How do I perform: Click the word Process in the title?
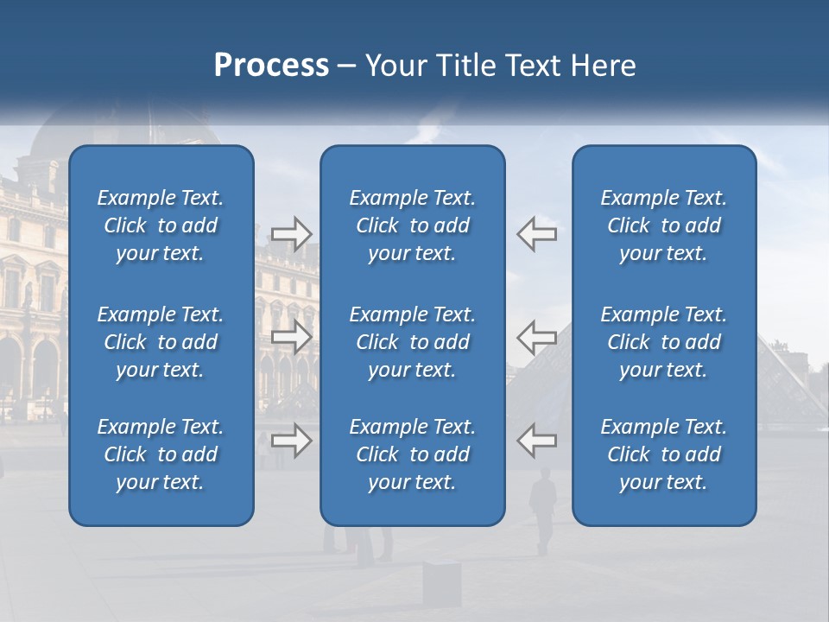(271, 66)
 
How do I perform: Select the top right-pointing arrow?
(291, 234)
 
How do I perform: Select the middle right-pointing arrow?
(291, 336)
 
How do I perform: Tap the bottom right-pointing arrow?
(291, 441)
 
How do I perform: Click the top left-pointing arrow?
(537, 234)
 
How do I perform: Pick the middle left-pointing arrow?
(537, 336)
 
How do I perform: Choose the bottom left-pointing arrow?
(537, 441)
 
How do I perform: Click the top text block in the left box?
(161, 225)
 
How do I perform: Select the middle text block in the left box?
(161, 342)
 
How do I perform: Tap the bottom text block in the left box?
(161, 454)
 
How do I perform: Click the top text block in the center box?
(412, 225)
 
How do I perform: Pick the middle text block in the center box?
(412, 342)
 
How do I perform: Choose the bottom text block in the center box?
(412, 454)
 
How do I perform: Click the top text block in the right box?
(663, 225)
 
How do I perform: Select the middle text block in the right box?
(663, 342)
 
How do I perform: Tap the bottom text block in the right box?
(663, 454)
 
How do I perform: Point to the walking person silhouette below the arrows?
(543, 510)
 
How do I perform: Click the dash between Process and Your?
(347, 67)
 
